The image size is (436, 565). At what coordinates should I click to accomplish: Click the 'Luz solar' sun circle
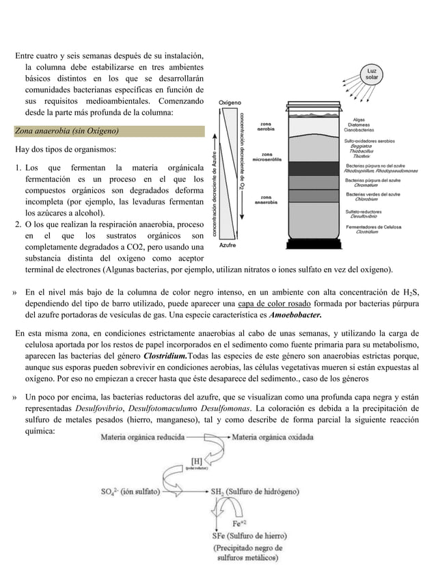[x=372, y=74]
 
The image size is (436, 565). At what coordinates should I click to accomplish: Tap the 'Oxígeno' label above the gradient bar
[x=229, y=103]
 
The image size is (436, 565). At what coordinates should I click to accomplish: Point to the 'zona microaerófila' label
[x=266, y=157]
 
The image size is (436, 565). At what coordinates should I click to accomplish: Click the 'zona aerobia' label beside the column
[x=267, y=126]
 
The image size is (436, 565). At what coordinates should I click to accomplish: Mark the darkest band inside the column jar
[x=316, y=168]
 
